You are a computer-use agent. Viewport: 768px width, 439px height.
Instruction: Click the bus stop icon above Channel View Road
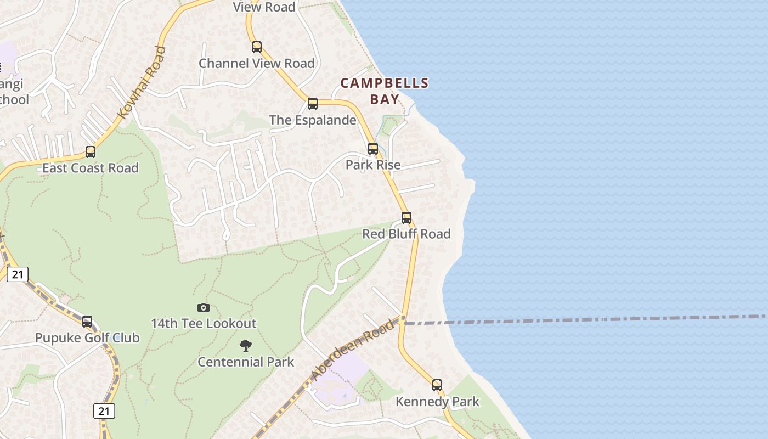click(x=257, y=47)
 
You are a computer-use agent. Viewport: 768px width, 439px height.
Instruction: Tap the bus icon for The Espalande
click(x=313, y=103)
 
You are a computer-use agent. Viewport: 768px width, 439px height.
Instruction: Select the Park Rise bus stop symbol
click(x=373, y=148)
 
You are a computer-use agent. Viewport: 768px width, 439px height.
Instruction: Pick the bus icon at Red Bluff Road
click(x=406, y=217)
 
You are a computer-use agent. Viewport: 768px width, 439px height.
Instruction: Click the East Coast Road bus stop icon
click(x=91, y=152)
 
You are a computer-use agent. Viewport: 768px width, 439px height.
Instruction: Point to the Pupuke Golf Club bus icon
click(x=87, y=322)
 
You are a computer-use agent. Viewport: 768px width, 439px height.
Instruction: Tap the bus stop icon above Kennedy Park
click(x=437, y=385)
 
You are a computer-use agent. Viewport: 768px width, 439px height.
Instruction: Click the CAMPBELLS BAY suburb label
click(x=385, y=91)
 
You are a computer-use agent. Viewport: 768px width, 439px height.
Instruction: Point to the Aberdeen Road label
click(x=352, y=350)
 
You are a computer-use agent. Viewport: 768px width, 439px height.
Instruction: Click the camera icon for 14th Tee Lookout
click(x=204, y=308)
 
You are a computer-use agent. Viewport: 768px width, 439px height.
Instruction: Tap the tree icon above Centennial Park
click(x=246, y=346)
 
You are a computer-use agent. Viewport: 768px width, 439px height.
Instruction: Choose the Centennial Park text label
click(x=246, y=362)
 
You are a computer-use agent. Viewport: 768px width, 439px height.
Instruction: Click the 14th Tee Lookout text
click(x=204, y=324)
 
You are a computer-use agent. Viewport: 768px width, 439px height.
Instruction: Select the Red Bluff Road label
click(x=406, y=234)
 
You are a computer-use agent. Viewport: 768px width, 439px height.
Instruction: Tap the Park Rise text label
click(x=373, y=165)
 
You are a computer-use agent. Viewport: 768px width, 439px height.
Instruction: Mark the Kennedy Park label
click(x=438, y=402)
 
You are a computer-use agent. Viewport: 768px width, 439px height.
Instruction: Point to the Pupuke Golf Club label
click(x=87, y=338)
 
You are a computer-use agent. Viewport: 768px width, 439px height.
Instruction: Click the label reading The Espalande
click(x=313, y=120)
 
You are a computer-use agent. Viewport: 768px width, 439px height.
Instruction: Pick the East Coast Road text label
click(x=91, y=168)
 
